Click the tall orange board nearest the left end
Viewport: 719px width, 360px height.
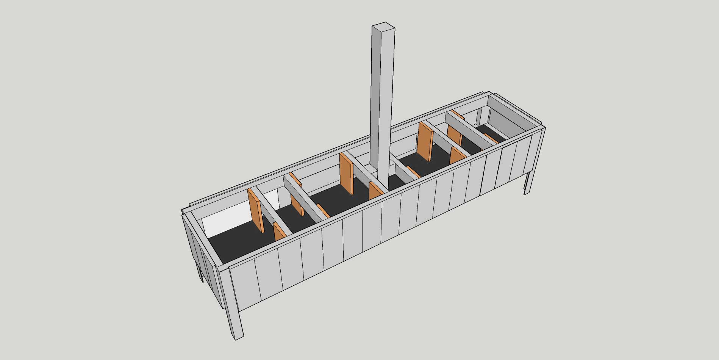tap(256, 210)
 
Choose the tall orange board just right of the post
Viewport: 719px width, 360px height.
tap(425, 141)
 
